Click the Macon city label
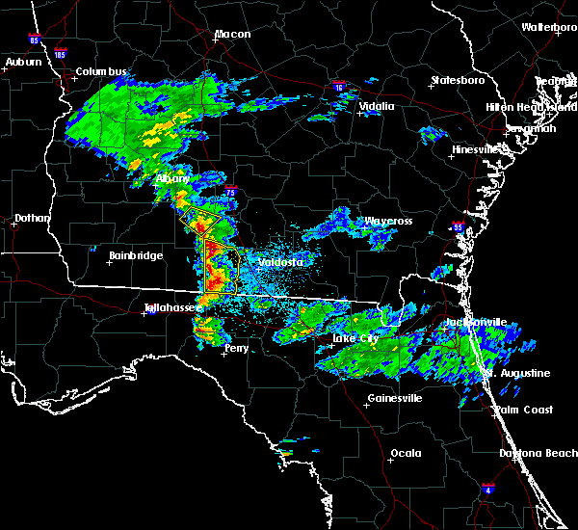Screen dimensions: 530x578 click(232, 35)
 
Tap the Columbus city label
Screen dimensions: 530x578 click(101, 72)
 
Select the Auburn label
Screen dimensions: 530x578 click(23, 63)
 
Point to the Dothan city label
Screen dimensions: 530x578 click(32, 218)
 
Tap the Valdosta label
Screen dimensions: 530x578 click(281, 262)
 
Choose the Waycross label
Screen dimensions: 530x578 click(387, 222)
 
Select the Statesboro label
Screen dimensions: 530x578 click(458, 80)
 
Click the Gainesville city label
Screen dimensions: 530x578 click(395, 399)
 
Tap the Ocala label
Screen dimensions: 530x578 click(406, 453)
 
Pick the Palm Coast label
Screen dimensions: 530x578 click(524, 410)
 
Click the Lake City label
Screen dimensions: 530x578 click(355, 339)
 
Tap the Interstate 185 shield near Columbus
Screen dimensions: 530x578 click(61, 55)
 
